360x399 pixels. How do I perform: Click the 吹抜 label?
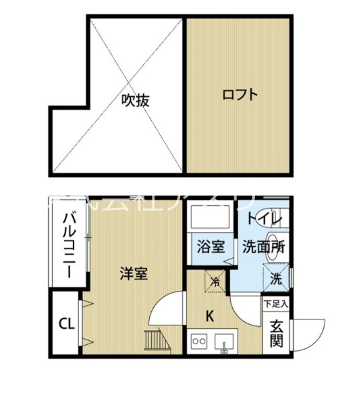click(135, 100)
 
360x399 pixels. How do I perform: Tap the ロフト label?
click(240, 94)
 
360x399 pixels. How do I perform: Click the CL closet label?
click(66, 325)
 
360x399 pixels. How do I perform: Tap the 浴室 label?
click(210, 247)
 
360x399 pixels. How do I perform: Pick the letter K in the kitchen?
click(209, 316)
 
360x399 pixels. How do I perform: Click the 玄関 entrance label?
click(276, 334)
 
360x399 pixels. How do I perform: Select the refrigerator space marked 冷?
click(215, 281)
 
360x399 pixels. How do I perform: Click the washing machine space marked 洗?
click(276, 275)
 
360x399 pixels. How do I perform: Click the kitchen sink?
click(225, 344)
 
